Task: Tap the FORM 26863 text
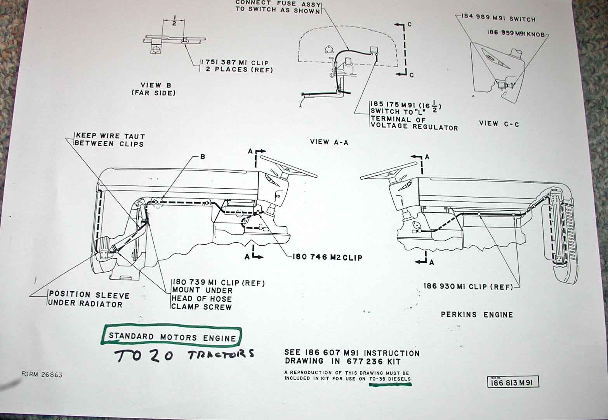pos(42,375)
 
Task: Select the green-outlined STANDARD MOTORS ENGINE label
pos(172,337)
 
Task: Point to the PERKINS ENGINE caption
pos(477,315)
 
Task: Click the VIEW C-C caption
pos(499,123)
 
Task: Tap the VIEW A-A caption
pos(329,142)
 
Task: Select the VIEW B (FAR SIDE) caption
pos(153,89)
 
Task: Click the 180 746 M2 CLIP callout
pos(327,257)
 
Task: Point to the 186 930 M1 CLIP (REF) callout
pos(468,287)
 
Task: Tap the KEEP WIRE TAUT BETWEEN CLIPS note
pos(110,140)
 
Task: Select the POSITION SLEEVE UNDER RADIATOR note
pos(89,299)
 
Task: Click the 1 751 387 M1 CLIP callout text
pos(236,66)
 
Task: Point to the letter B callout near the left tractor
pos(202,157)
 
